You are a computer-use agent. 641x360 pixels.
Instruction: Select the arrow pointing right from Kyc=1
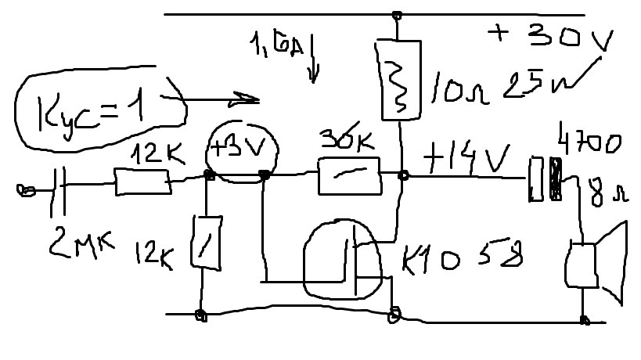pyautogui.click(x=223, y=99)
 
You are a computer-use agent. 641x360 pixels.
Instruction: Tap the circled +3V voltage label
pyautogui.click(x=237, y=149)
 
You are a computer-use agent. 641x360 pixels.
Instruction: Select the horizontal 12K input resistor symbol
pyautogui.click(x=143, y=182)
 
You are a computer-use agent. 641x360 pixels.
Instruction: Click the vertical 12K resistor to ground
pyautogui.click(x=207, y=243)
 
